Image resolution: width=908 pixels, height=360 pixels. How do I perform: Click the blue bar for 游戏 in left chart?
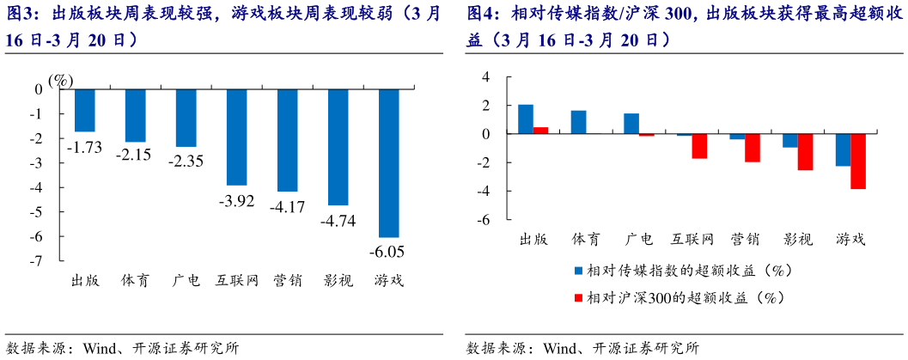(389, 162)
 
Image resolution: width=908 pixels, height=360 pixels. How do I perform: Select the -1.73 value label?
(84, 146)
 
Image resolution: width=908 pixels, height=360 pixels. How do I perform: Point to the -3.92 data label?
(236, 201)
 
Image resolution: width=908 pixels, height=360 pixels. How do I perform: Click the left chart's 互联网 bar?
(237, 137)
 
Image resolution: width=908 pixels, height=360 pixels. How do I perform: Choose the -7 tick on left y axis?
(37, 260)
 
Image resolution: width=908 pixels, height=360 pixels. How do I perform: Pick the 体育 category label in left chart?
(135, 280)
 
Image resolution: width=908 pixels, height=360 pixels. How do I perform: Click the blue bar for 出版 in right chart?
(526, 119)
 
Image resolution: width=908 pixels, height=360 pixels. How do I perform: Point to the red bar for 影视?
(805, 152)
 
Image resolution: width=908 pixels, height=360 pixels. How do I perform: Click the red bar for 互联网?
(699, 146)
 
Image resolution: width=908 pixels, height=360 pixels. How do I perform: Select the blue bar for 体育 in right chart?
(579, 122)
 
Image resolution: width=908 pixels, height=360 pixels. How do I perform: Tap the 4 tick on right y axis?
(485, 76)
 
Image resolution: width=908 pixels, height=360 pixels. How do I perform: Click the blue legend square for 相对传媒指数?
(579, 271)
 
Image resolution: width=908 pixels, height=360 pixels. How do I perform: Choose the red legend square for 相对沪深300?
(579, 298)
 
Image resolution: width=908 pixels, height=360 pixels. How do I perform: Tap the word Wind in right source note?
(560, 348)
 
